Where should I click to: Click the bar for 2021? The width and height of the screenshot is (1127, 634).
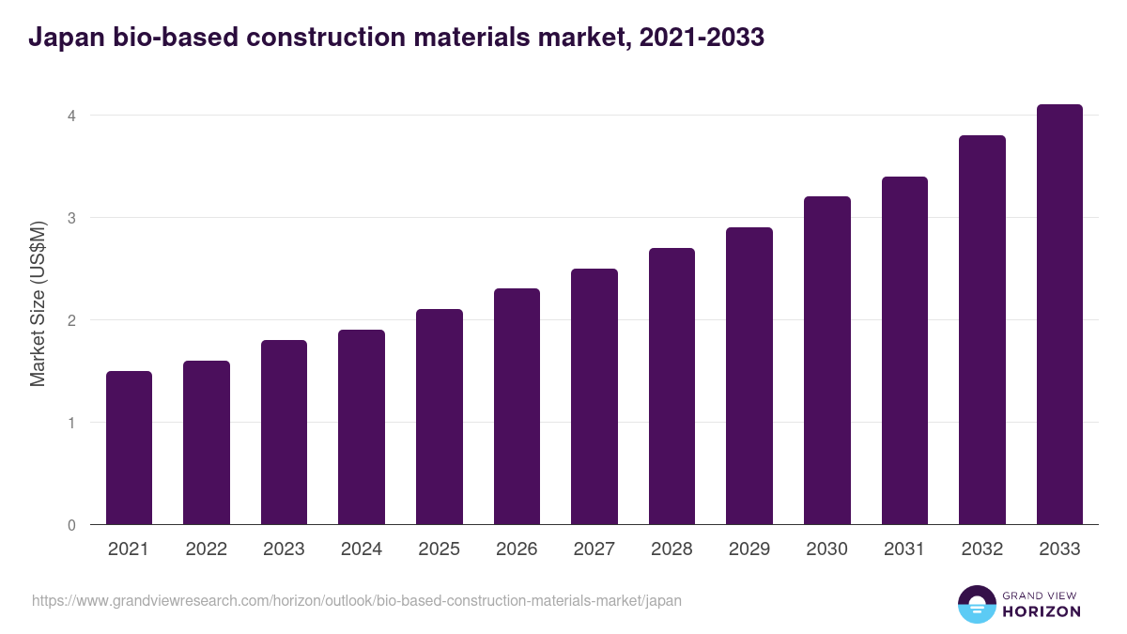pyautogui.click(x=129, y=448)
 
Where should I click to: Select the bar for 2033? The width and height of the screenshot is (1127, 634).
pyautogui.click(x=1059, y=315)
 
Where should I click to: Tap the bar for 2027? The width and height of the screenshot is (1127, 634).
pyautogui.click(x=594, y=396)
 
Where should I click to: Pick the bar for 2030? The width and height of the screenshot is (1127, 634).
pyautogui.click(x=827, y=361)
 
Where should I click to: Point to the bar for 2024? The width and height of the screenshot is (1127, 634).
pyautogui.click(x=362, y=427)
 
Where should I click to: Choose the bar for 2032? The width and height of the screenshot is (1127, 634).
pyautogui.click(x=982, y=330)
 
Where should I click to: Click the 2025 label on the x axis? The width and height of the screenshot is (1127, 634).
pyautogui.click(x=439, y=549)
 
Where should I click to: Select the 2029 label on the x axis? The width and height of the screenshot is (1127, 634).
pyautogui.click(x=749, y=549)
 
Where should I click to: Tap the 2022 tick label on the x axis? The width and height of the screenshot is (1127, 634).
pyautogui.click(x=206, y=549)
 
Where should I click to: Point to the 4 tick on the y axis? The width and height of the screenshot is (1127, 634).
pyautogui.click(x=70, y=116)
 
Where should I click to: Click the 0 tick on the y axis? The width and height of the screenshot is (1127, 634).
pyautogui.click(x=70, y=525)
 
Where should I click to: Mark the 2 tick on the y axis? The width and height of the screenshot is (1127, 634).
pyautogui.click(x=70, y=320)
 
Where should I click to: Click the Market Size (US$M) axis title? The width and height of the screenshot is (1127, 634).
pyautogui.click(x=38, y=303)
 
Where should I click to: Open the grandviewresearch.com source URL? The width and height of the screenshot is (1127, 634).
pyautogui.click(x=357, y=600)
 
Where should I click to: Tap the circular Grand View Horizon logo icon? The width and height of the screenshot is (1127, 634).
pyautogui.click(x=976, y=604)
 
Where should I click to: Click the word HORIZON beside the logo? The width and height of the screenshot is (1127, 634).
pyautogui.click(x=1041, y=611)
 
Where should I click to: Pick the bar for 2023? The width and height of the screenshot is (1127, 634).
pyautogui.click(x=284, y=432)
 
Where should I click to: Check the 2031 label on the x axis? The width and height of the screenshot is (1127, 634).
pyautogui.click(x=904, y=549)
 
